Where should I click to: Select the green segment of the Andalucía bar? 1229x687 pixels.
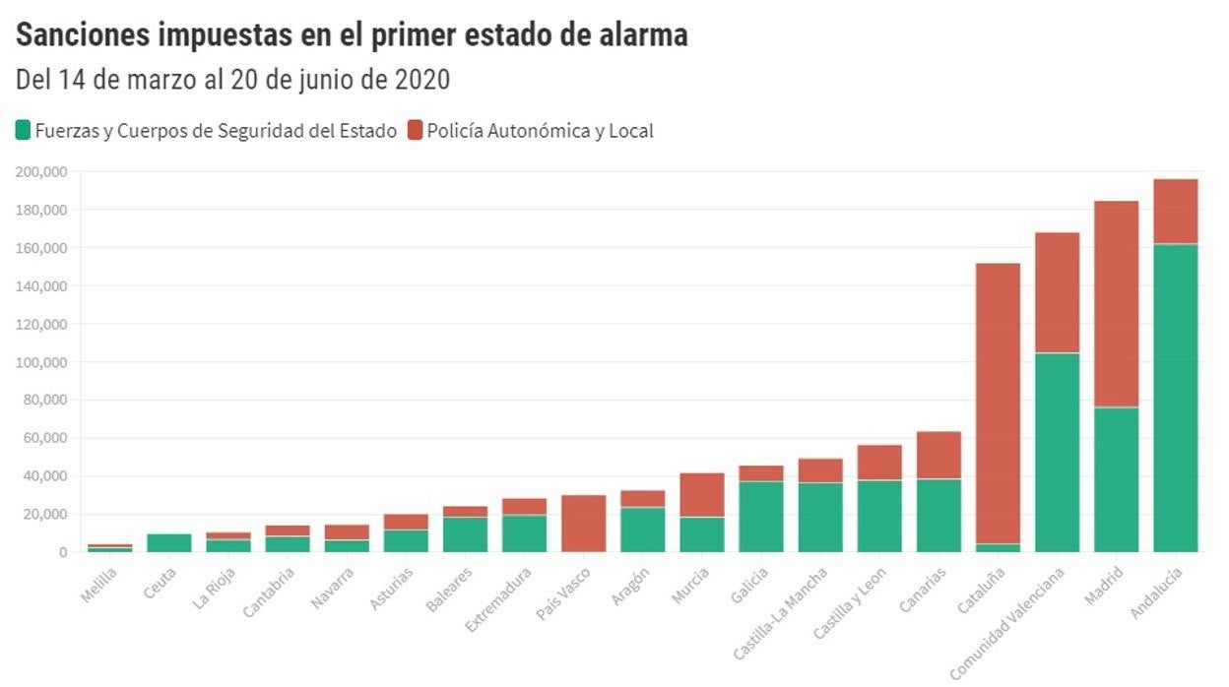pos(1175,398)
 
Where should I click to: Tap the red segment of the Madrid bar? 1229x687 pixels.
pos(1116,304)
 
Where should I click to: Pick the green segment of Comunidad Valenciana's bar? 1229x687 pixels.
pos(1057,452)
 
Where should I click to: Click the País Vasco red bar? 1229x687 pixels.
pos(584,523)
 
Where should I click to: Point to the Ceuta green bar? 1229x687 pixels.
pos(170,542)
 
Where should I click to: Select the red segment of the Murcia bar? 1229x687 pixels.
pos(702,495)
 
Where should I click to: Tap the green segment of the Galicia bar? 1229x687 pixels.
pos(761,517)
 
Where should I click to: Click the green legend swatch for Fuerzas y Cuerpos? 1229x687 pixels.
pos(24,130)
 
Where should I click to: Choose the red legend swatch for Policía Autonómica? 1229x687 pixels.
pos(415,130)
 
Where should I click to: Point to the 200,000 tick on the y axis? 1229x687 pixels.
pos(41,172)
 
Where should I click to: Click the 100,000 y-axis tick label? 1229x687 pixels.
pos(41,362)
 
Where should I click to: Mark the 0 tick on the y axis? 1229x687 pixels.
pos(61,552)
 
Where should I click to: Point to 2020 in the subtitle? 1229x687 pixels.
pos(420,80)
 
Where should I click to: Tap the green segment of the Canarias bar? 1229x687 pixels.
pos(938,515)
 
